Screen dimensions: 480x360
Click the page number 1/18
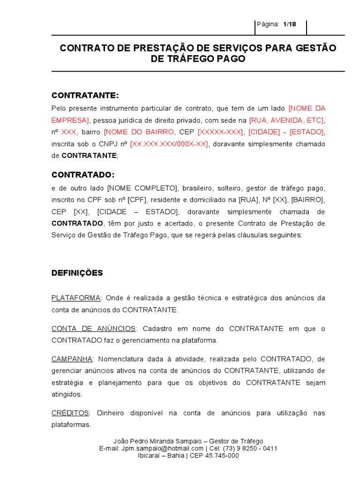coord(290,24)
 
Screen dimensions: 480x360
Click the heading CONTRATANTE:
coord(85,96)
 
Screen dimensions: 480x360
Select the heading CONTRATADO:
coord(83,175)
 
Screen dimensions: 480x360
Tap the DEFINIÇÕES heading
coord(77,273)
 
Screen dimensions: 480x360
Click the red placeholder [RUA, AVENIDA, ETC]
coord(287,120)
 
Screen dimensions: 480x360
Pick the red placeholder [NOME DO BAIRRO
coord(139,132)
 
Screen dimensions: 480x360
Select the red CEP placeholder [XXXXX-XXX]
coord(221,132)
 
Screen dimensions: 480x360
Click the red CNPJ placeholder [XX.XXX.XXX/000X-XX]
coord(169,144)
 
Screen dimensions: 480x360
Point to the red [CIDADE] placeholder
coord(264,132)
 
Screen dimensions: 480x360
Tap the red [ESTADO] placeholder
coord(307,132)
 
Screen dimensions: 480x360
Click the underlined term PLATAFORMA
coord(76,298)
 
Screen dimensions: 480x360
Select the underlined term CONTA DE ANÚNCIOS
coord(93,329)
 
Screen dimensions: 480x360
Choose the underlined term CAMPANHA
coord(72,359)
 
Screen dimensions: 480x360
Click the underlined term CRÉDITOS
coord(70,413)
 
